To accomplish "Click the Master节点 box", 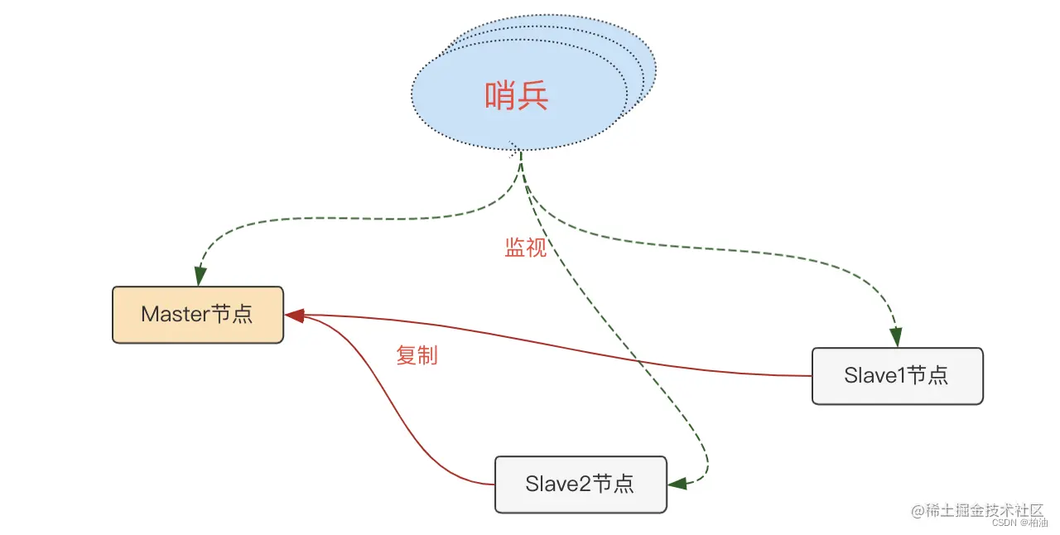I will [x=197, y=315].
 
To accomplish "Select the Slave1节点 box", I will [x=897, y=376].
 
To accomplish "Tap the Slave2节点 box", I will [x=580, y=484].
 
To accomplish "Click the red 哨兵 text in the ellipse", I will [x=517, y=97].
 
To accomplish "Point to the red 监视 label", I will [x=526, y=248].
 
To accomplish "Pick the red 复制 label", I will [x=417, y=356].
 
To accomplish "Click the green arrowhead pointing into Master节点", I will [x=200, y=277].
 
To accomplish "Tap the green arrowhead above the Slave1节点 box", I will [x=895, y=337].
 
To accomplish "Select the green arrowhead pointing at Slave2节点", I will [x=676, y=484].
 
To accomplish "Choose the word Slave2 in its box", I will [x=557, y=484].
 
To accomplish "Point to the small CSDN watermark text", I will [x=1004, y=523].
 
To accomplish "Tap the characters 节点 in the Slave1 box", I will [x=927, y=376].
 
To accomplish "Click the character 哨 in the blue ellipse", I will [x=500, y=97].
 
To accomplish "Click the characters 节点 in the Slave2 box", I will [x=614, y=484].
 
